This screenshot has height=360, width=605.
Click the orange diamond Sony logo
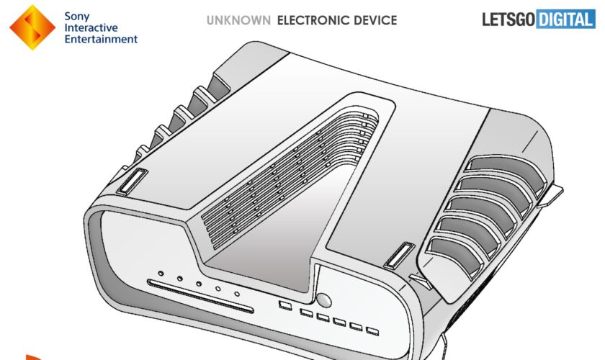pos(32,27)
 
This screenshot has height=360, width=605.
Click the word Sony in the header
pos(77,17)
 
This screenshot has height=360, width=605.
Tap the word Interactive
pos(91,28)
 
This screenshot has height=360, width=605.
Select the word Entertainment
pos(101,39)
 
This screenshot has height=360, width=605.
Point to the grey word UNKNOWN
pos(238,20)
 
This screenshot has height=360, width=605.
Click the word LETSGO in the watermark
pos(508,19)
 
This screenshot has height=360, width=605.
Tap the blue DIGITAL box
pos(565,19)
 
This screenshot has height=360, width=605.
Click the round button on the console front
pos(323,300)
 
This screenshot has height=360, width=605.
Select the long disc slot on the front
pos(200,296)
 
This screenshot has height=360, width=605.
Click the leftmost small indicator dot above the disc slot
pos(161,274)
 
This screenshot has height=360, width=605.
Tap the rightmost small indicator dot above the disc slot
pos(237,294)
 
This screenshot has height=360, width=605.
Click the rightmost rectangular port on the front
pos(372,331)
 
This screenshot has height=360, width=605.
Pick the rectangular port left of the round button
pos(285,305)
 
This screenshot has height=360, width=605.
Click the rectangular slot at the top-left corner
pos(132,181)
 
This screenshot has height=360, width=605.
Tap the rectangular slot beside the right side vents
pos(399,255)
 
